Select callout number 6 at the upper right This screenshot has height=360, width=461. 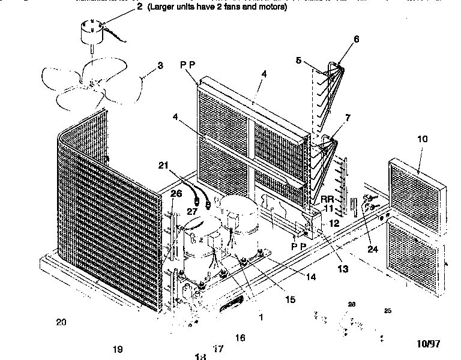pos(356,40)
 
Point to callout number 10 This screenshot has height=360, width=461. pos(422,139)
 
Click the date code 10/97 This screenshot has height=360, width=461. pos(429,344)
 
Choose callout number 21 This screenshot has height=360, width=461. pos(163,166)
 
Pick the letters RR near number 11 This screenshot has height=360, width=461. pos(327,199)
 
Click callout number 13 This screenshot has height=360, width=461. pos(342,269)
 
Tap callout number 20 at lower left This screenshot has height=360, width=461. pos(61,322)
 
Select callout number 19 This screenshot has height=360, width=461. pos(117,349)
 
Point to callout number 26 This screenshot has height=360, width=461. pos(176,193)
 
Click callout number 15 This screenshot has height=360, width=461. pos(290,299)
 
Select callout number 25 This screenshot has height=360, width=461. pos(387,311)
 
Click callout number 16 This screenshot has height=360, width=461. pos(240,338)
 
